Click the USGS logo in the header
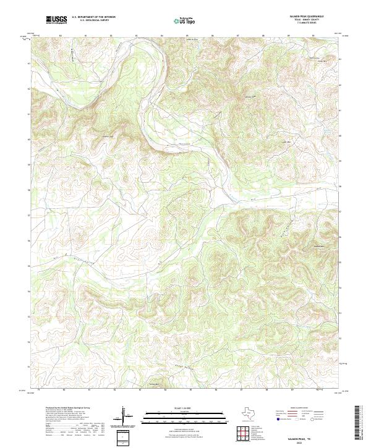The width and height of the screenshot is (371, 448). tap(56, 20)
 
